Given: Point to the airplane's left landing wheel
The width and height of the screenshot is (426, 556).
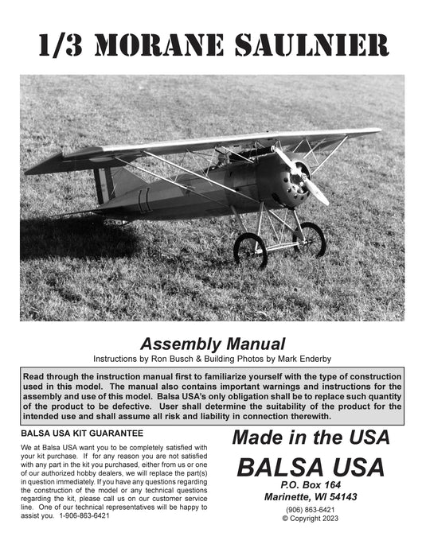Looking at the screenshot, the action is pyautogui.click(x=250, y=249).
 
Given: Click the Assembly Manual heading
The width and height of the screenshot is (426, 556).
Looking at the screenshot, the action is pyautogui.click(x=213, y=344).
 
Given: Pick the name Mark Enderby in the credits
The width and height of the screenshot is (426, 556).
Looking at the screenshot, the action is pyautogui.click(x=303, y=358).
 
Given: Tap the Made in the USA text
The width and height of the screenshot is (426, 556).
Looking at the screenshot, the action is pyautogui.click(x=310, y=437).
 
